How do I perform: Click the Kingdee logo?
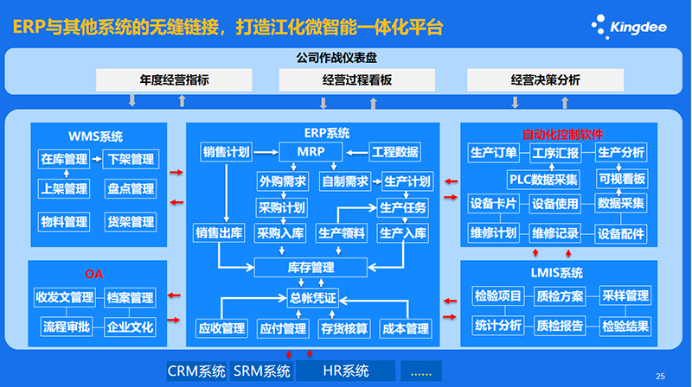click(630, 27)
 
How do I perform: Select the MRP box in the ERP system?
click(311, 152)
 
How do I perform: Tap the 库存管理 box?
click(311, 268)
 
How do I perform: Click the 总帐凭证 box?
click(312, 298)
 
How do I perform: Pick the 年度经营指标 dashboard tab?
click(175, 80)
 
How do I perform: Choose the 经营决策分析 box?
click(546, 80)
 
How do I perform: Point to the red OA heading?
click(94, 274)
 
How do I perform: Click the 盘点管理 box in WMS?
click(131, 189)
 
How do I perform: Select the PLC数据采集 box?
click(543, 180)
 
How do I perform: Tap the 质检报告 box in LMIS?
click(560, 327)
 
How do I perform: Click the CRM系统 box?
click(196, 371)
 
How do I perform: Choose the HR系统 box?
click(345, 371)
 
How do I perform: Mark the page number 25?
click(660, 377)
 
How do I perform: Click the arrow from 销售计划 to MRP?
click(266, 153)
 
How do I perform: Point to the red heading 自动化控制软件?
click(563, 135)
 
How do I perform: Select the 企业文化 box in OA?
click(131, 327)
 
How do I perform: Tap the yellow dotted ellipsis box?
click(421, 371)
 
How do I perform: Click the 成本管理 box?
click(405, 329)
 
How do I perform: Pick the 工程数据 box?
click(395, 152)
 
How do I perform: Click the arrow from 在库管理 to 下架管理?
click(97, 159)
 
